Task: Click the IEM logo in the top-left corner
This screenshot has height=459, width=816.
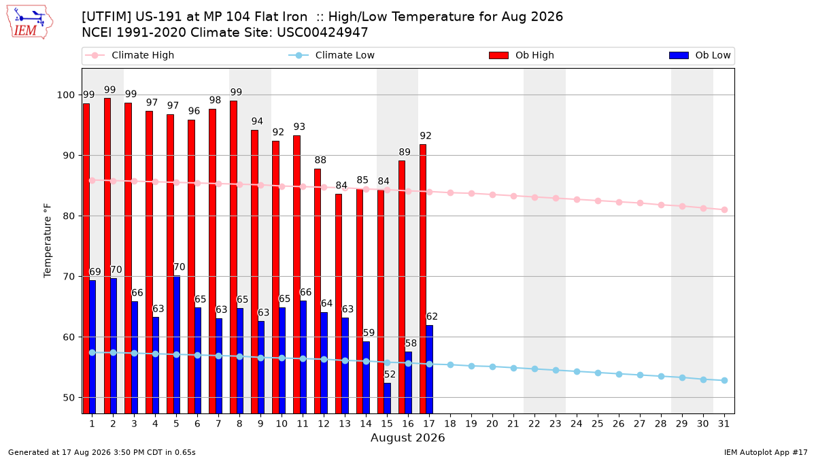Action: point(29,22)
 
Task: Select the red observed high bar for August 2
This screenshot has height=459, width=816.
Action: point(107,256)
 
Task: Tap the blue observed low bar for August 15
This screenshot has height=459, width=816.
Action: point(387,398)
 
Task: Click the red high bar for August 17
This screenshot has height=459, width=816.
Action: point(423,279)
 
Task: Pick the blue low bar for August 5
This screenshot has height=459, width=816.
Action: point(177,345)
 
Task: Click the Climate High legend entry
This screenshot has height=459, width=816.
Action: point(130,55)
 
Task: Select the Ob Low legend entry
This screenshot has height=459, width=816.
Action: point(700,55)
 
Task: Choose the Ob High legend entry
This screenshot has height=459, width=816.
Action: point(522,55)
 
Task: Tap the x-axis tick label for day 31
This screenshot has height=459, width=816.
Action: point(724,424)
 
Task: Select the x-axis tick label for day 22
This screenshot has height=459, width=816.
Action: point(534,424)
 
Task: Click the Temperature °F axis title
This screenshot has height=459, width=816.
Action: point(48,241)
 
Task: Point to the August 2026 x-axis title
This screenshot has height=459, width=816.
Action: point(407,437)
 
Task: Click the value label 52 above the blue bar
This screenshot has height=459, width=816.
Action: point(390,375)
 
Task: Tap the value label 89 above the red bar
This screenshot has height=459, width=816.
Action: point(405,152)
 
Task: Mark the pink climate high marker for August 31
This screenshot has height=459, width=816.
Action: point(724,210)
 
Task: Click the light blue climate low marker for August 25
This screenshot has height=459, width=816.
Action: point(598,373)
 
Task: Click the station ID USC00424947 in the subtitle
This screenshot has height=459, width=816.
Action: point(322,33)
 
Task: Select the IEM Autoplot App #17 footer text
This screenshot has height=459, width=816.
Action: point(766,452)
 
